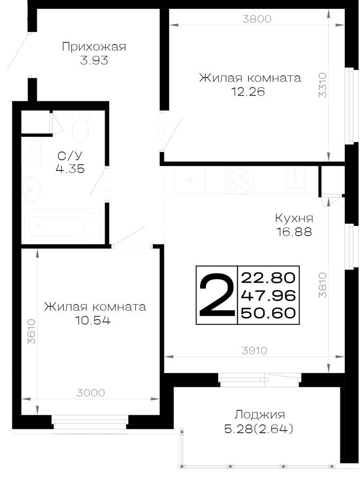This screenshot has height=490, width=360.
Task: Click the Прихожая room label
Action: [x=94, y=47]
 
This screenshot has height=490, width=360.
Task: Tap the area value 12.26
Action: [x=248, y=92]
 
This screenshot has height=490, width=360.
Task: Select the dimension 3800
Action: [x=257, y=19]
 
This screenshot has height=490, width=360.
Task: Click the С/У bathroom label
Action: [x=70, y=155]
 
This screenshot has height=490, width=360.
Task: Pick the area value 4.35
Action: [x=70, y=169]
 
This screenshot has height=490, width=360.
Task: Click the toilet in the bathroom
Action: [x=80, y=127]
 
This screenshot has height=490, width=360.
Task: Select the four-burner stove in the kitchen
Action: [x=239, y=181]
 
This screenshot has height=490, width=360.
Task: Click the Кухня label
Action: [x=294, y=218]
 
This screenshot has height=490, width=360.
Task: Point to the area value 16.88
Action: [x=294, y=232]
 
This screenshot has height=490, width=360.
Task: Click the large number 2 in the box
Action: [x=216, y=295]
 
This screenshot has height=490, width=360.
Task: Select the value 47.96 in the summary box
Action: [x=269, y=295]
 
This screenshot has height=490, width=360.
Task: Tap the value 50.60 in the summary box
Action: [x=269, y=313]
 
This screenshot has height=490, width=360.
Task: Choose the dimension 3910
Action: [x=255, y=351]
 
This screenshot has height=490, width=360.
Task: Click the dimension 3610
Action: [x=31, y=332]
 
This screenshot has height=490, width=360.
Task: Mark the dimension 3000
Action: [x=91, y=393]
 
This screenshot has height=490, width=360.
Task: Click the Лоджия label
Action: [x=259, y=415]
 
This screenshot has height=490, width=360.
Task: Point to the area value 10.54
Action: [x=93, y=320]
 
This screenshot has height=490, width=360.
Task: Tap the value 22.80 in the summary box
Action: [x=269, y=278]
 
